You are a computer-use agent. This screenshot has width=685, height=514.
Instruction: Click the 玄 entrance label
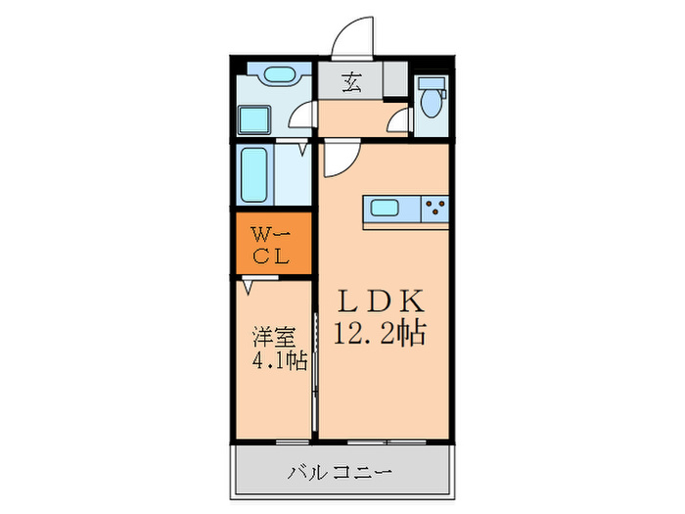(350, 82)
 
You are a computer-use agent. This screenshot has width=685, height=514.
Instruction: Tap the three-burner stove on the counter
(434, 208)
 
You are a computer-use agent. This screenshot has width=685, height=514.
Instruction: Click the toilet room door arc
(397, 120)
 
